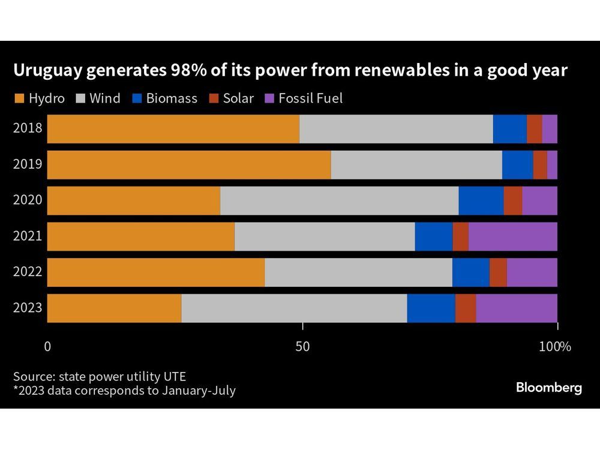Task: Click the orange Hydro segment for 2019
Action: click(189, 164)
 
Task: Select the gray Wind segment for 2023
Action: click(294, 308)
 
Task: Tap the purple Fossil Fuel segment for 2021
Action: click(512, 236)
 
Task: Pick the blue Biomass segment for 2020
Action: click(481, 200)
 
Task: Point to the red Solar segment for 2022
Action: click(498, 272)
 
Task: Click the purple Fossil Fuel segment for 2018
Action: click(550, 128)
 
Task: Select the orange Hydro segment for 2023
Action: click(114, 308)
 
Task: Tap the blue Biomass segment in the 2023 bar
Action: click(431, 308)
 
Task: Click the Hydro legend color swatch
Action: click(19, 98)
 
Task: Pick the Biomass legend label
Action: click(173, 98)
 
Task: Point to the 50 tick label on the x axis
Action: click(302, 346)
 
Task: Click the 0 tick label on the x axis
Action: click(47, 346)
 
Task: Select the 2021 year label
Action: click(28, 236)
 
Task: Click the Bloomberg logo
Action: click(548, 388)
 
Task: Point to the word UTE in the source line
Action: click(174, 377)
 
